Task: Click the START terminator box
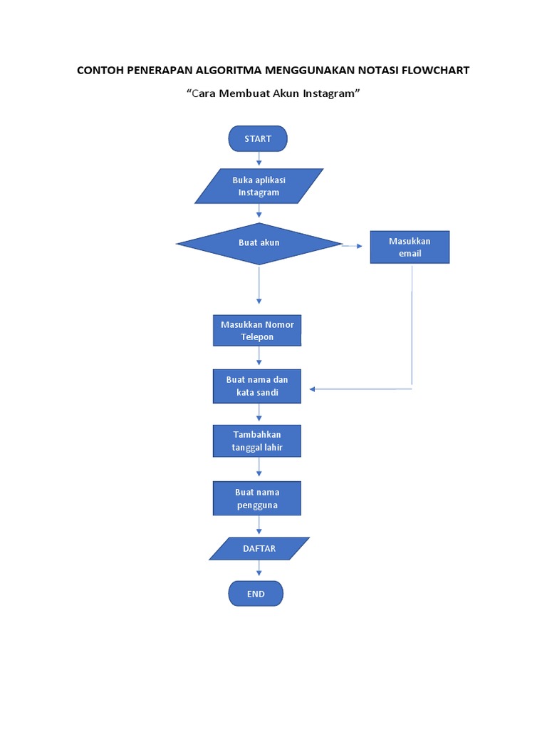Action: [258, 139]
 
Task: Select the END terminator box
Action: [256, 593]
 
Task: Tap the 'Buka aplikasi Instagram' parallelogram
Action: [259, 186]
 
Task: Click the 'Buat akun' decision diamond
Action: [259, 243]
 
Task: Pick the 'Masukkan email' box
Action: [410, 247]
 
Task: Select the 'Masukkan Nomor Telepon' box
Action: [257, 331]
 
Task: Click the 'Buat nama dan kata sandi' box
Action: [257, 386]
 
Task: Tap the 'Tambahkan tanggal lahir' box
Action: [257, 441]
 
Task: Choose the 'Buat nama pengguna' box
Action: [257, 498]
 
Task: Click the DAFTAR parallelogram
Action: [259, 549]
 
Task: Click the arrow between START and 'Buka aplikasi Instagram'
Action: [259, 160]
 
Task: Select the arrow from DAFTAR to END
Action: [259, 569]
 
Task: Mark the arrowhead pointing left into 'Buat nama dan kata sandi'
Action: [313, 389]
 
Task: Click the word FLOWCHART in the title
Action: [436, 71]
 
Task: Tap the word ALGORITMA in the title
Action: [227, 71]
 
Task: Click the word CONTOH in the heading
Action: [99, 71]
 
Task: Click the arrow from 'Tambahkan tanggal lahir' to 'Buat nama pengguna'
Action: [259, 468]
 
